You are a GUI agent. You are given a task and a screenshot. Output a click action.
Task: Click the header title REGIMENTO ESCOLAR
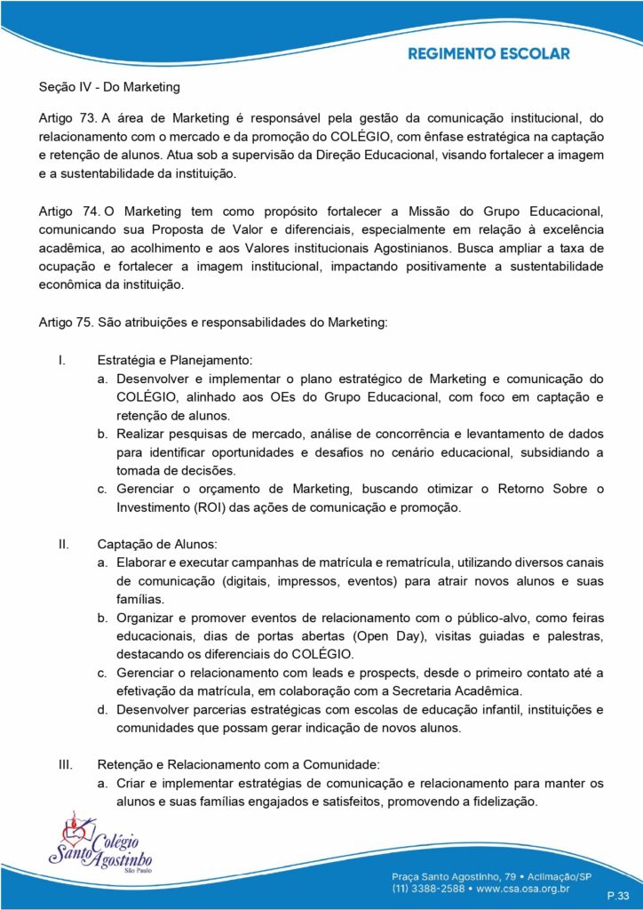point(488,54)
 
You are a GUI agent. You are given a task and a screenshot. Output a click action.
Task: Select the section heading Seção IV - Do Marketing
point(109,87)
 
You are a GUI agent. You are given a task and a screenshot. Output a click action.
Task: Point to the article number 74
point(90,211)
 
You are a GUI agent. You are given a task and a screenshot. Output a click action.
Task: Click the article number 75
point(86,323)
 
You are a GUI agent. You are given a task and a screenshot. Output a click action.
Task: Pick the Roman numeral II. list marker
point(63,543)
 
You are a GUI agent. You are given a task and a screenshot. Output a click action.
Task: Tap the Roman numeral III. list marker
point(65,763)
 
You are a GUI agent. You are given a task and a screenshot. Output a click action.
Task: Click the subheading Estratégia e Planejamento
point(175,361)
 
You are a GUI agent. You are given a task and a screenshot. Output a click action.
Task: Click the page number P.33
point(618,895)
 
